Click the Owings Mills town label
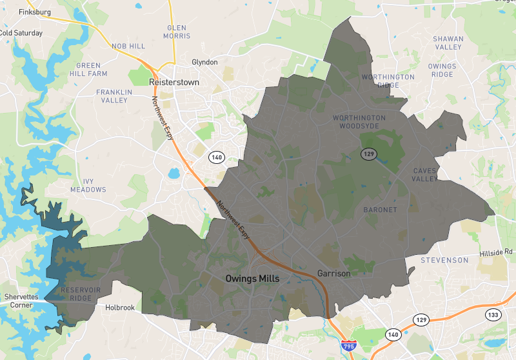pos(257,279)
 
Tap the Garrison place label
pos(334,274)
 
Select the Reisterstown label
pos(174,83)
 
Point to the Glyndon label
pos(205,63)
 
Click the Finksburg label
pos(35,12)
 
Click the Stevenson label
pos(444,260)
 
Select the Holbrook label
pos(120,308)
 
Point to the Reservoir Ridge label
pos(81,295)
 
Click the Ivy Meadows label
pos(88,186)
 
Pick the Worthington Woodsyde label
pos(359,122)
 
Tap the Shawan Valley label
pos(448,43)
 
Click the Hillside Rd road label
pos(495,252)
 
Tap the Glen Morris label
pos(177,32)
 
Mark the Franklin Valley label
pos(114,96)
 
